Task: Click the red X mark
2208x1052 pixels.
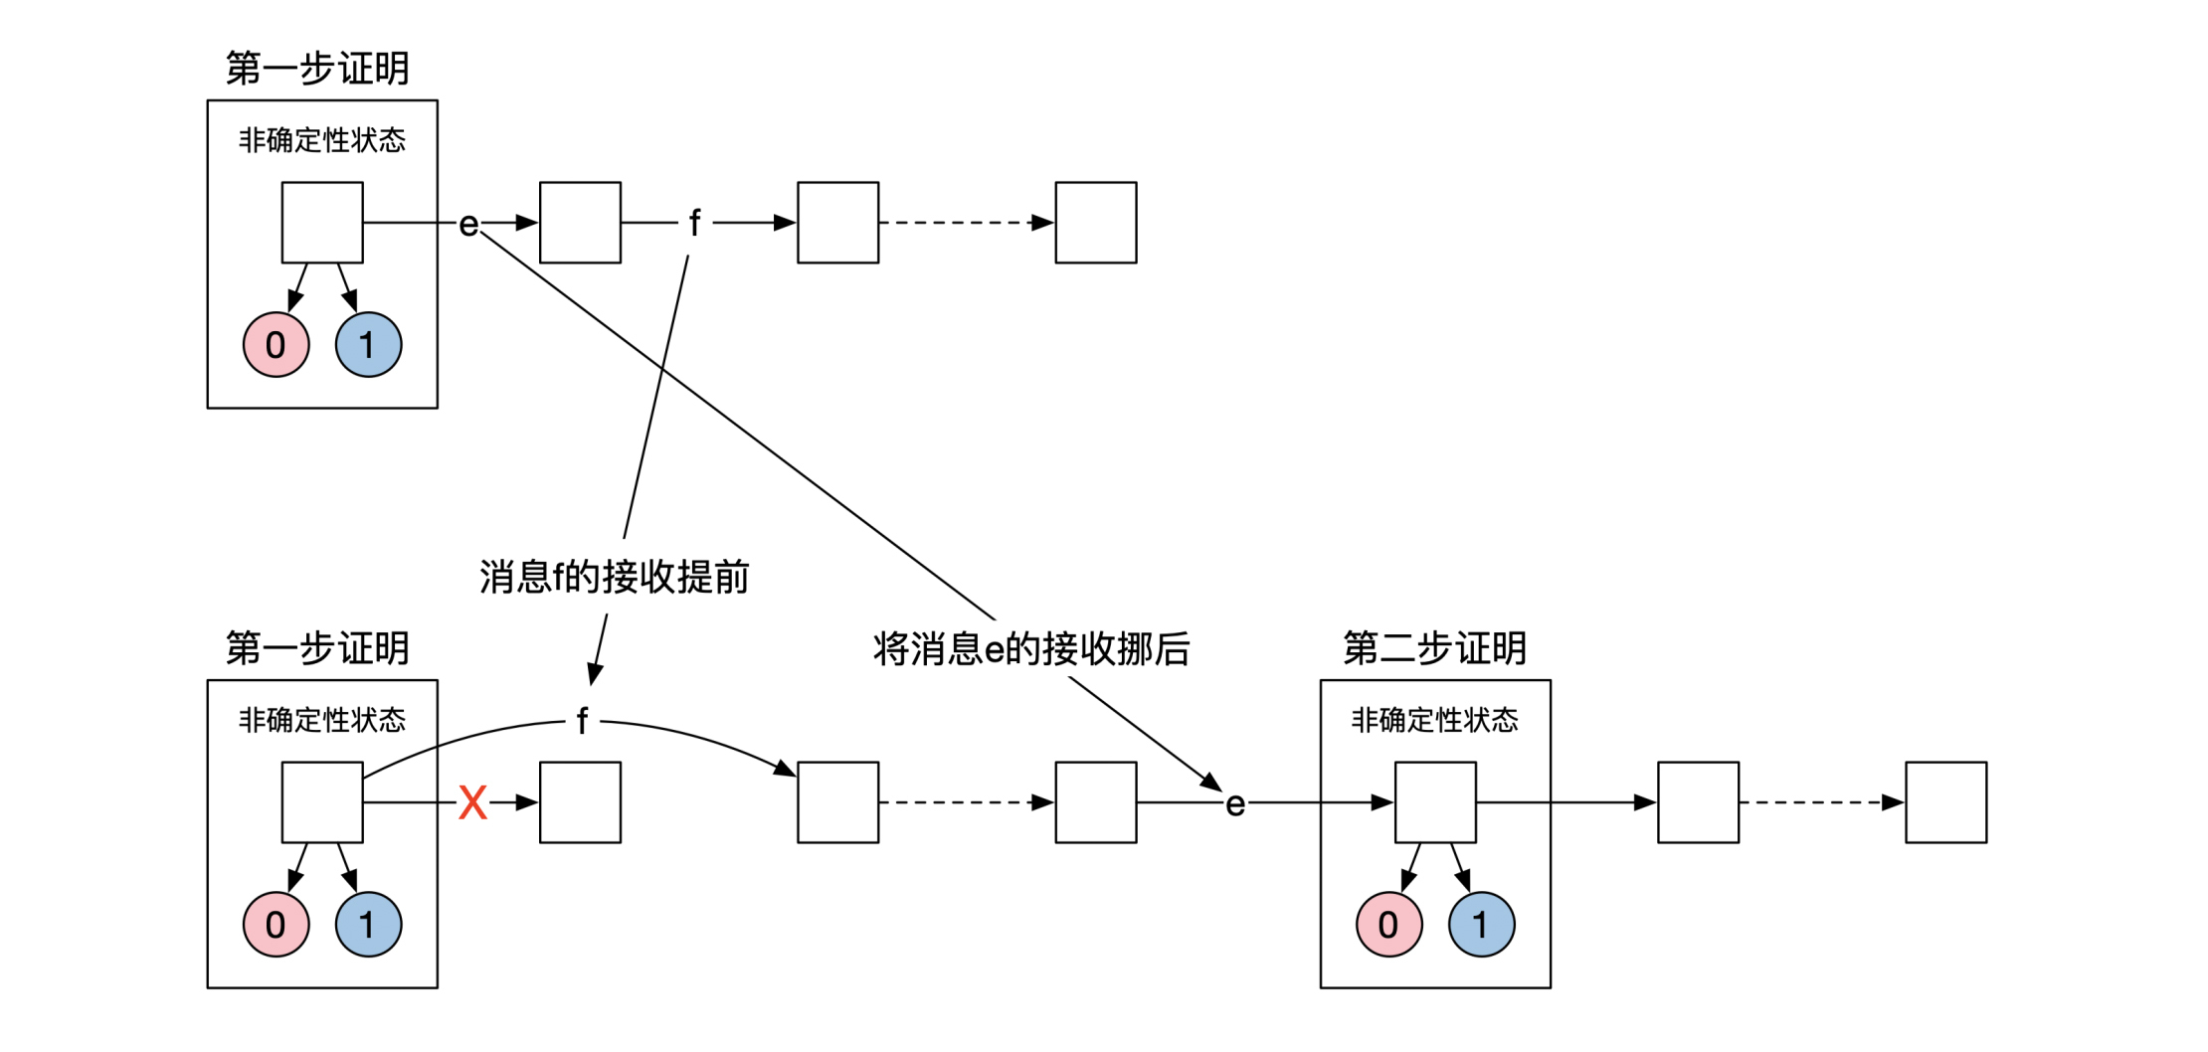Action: tap(472, 802)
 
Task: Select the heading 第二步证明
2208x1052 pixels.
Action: tap(1434, 648)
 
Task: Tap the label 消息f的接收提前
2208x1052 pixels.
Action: tap(614, 577)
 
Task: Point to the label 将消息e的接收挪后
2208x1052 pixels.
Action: tap(1031, 649)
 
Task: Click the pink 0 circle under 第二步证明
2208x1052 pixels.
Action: tap(1388, 925)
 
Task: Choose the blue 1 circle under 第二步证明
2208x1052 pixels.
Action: tap(1481, 925)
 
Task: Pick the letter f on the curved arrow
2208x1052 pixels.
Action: tap(582, 721)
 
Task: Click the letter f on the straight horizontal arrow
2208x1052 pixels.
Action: tap(694, 223)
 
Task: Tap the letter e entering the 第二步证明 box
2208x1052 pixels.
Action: tap(1235, 803)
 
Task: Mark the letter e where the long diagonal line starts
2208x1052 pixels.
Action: tap(468, 225)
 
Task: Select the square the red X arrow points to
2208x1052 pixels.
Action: tap(580, 802)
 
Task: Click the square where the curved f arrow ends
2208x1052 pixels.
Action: tap(837, 802)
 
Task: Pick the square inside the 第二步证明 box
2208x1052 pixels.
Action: tap(1435, 802)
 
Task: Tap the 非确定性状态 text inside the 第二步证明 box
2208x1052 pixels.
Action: tap(1434, 720)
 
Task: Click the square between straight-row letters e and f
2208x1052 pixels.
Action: tap(580, 223)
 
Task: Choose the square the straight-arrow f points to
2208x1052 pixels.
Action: tap(837, 223)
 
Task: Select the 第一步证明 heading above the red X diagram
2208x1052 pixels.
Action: tap(317, 648)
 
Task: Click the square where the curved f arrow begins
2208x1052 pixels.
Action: tap(322, 802)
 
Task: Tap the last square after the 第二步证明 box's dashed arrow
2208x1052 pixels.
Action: tap(1945, 802)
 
